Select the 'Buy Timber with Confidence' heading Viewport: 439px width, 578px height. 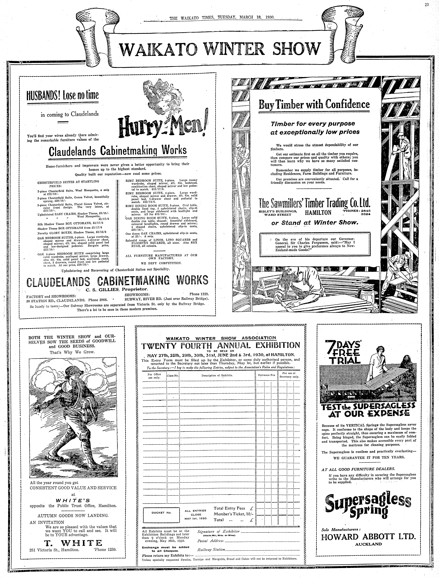pyautogui.click(x=314, y=104)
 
